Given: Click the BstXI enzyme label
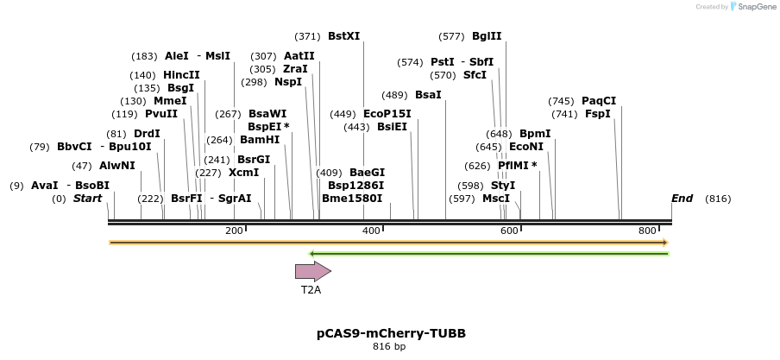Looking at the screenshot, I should click(x=343, y=36).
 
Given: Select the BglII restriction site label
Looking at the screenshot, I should click(x=487, y=36).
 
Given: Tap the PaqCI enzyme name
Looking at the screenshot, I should click(x=599, y=101).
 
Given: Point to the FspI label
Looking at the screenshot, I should click(x=597, y=114).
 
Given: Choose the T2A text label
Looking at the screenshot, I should click(x=311, y=290).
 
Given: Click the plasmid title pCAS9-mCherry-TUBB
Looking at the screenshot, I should click(x=389, y=332).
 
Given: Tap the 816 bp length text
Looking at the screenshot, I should click(x=389, y=346).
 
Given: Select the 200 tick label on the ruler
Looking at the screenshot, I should click(x=234, y=231).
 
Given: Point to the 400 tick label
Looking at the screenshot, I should click(x=371, y=231).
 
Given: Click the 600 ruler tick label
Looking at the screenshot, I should click(x=509, y=231).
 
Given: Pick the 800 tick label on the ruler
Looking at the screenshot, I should click(x=647, y=231).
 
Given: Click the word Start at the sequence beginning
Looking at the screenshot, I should click(x=87, y=199).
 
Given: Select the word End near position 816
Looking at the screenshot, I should click(x=682, y=199).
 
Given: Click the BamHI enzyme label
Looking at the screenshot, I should click(x=260, y=140).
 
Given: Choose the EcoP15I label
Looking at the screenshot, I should click(x=387, y=114).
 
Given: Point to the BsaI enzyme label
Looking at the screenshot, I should click(x=428, y=95).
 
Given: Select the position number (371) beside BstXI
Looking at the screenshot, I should click(x=307, y=36).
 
